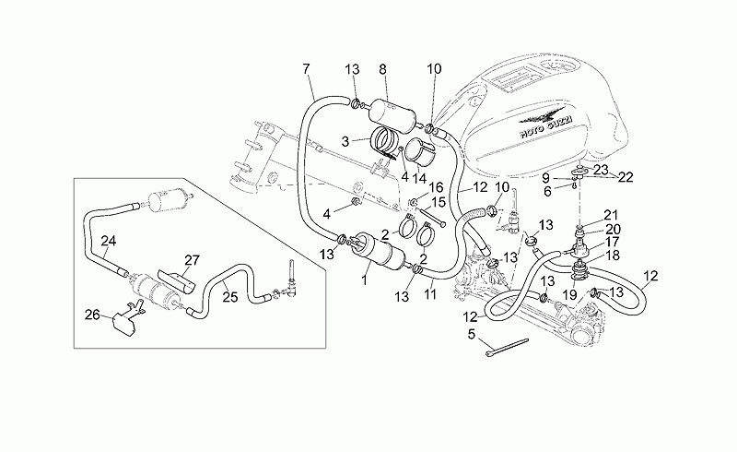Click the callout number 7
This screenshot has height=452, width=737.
[x=306, y=69]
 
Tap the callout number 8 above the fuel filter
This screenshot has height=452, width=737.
[x=382, y=69]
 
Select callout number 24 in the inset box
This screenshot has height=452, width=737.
[x=109, y=241]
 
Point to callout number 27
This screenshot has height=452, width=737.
[x=192, y=260]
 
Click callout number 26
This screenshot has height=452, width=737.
[x=92, y=314]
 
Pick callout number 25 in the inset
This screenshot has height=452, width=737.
[x=229, y=297]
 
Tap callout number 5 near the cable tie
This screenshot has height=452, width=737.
[x=472, y=334]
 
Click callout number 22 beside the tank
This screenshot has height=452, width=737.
[x=626, y=177]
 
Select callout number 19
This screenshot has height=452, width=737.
[x=569, y=295]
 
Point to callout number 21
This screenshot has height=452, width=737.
[x=611, y=215]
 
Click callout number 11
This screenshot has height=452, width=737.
[x=430, y=295]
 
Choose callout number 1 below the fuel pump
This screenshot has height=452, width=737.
[x=363, y=281]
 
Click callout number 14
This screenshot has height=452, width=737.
[x=419, y=179]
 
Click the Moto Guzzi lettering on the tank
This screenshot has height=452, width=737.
[x=546, y=125]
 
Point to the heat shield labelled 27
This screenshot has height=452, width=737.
[x=176, y=281]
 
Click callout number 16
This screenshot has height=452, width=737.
[x=436, y=188]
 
